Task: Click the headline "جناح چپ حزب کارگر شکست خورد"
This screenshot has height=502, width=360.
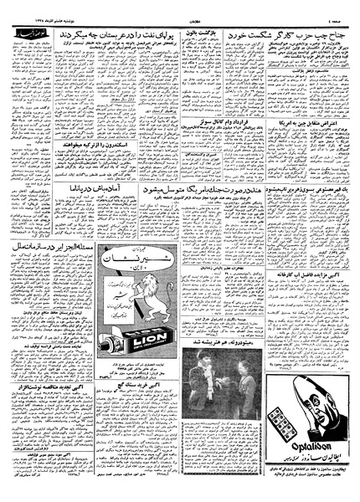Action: [286, 37]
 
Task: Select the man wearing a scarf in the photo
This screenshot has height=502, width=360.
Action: [198, 363]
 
